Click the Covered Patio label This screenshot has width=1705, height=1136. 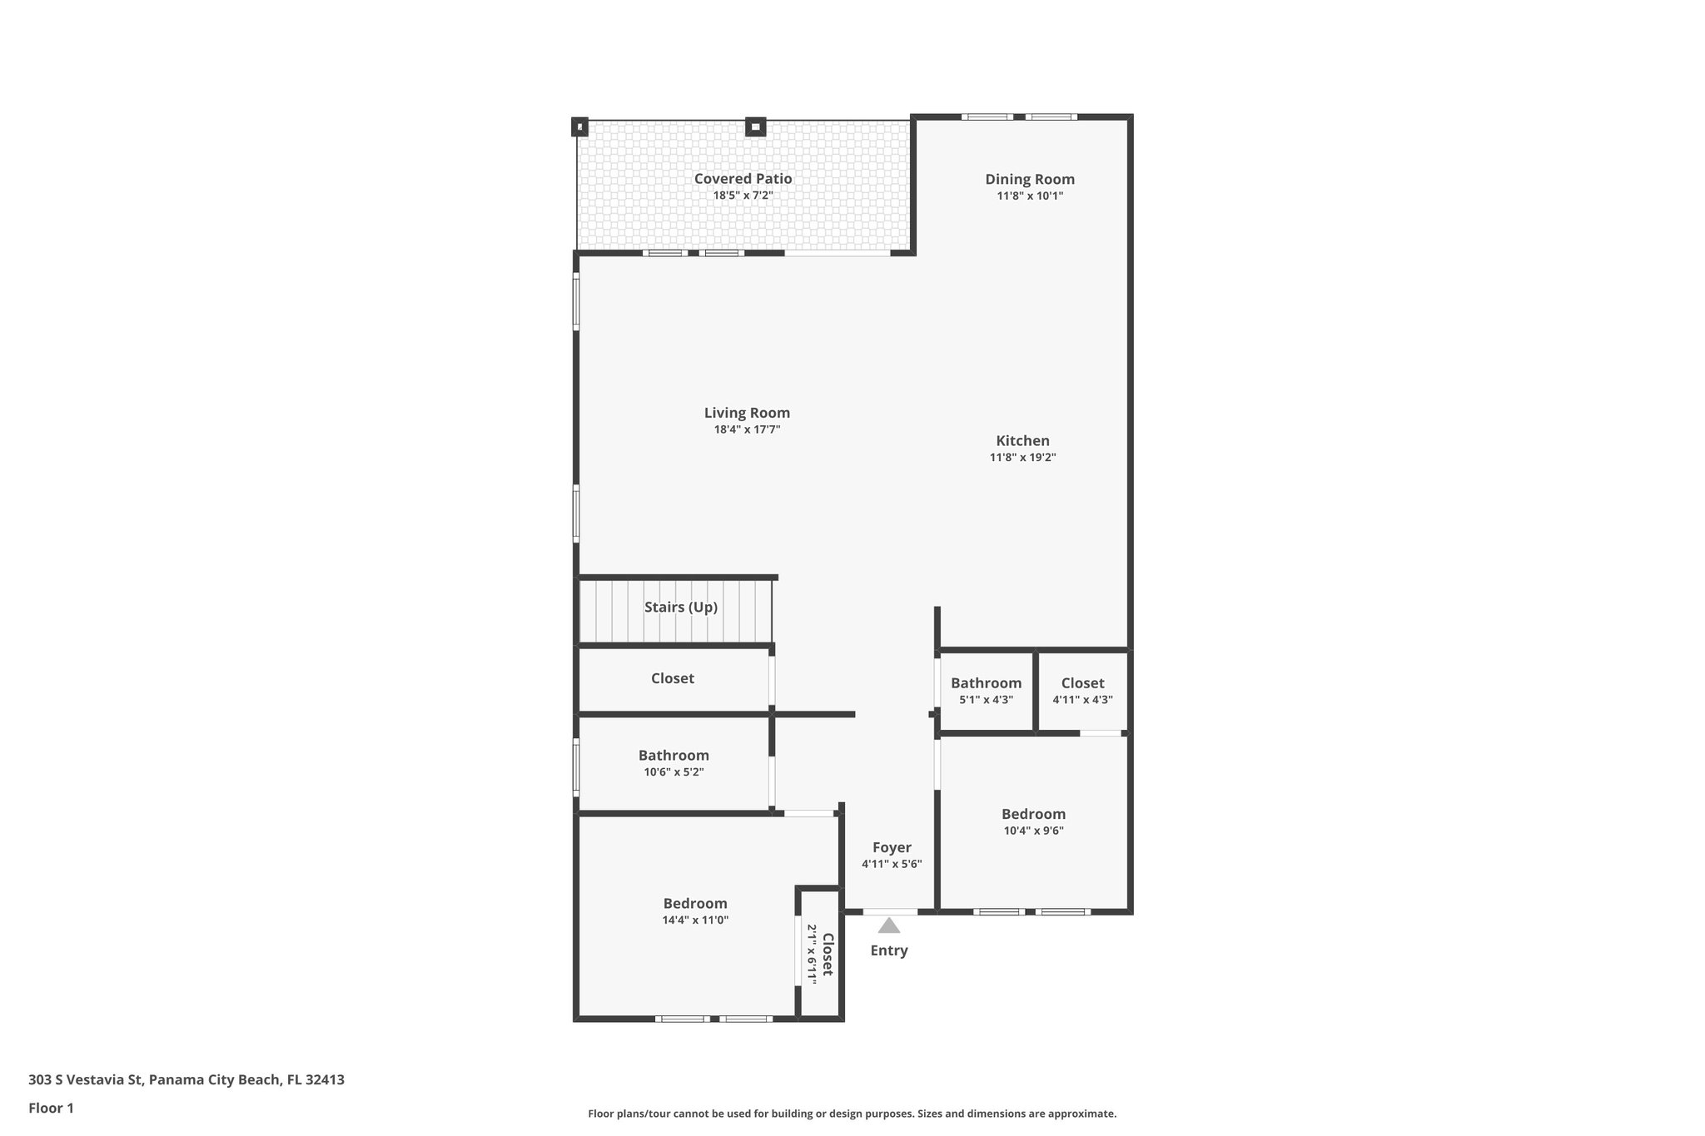743,179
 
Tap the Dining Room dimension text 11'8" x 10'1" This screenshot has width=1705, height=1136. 1030,196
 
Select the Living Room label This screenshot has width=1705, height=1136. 747,413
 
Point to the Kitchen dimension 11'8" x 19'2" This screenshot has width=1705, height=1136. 1022,458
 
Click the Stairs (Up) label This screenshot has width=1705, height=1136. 680,608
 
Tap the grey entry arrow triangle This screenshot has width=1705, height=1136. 889,925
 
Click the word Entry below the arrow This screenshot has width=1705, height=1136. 889,950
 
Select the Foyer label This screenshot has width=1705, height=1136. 892,848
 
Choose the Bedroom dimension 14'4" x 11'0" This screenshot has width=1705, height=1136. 695,920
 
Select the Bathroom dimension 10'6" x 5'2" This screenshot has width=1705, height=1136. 674,772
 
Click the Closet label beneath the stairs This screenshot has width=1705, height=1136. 672,678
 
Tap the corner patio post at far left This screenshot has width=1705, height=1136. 579,127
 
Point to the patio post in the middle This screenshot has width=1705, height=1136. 755,127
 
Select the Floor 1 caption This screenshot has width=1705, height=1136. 51,1108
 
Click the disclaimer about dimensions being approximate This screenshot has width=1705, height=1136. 852,1114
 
